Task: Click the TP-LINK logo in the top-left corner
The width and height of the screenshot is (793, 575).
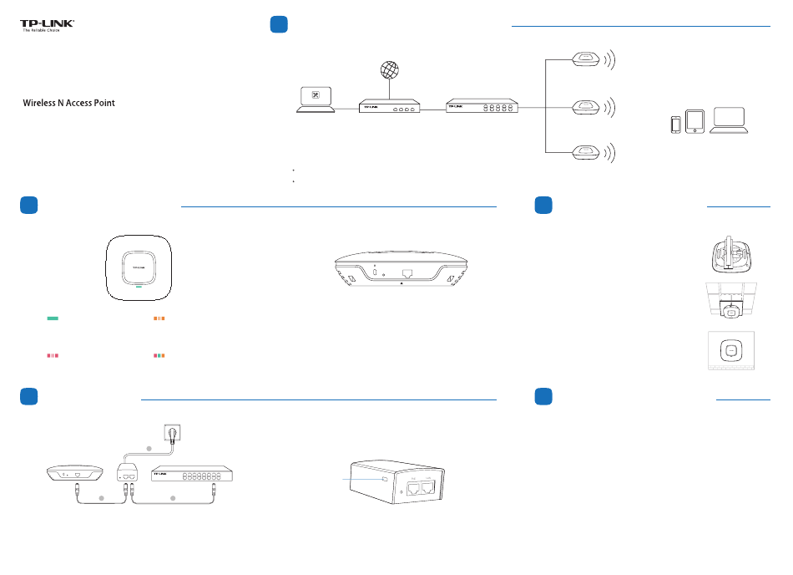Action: pos(48,25)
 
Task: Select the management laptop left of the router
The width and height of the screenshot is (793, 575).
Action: pos(315,98)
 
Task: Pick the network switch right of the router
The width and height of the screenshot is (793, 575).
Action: pos(482,107)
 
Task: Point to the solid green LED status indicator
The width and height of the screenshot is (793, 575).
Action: pos(53,318)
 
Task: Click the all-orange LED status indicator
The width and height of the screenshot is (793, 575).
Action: pos(159,318)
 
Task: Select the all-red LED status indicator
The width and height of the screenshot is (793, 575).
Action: pos(53,356)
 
